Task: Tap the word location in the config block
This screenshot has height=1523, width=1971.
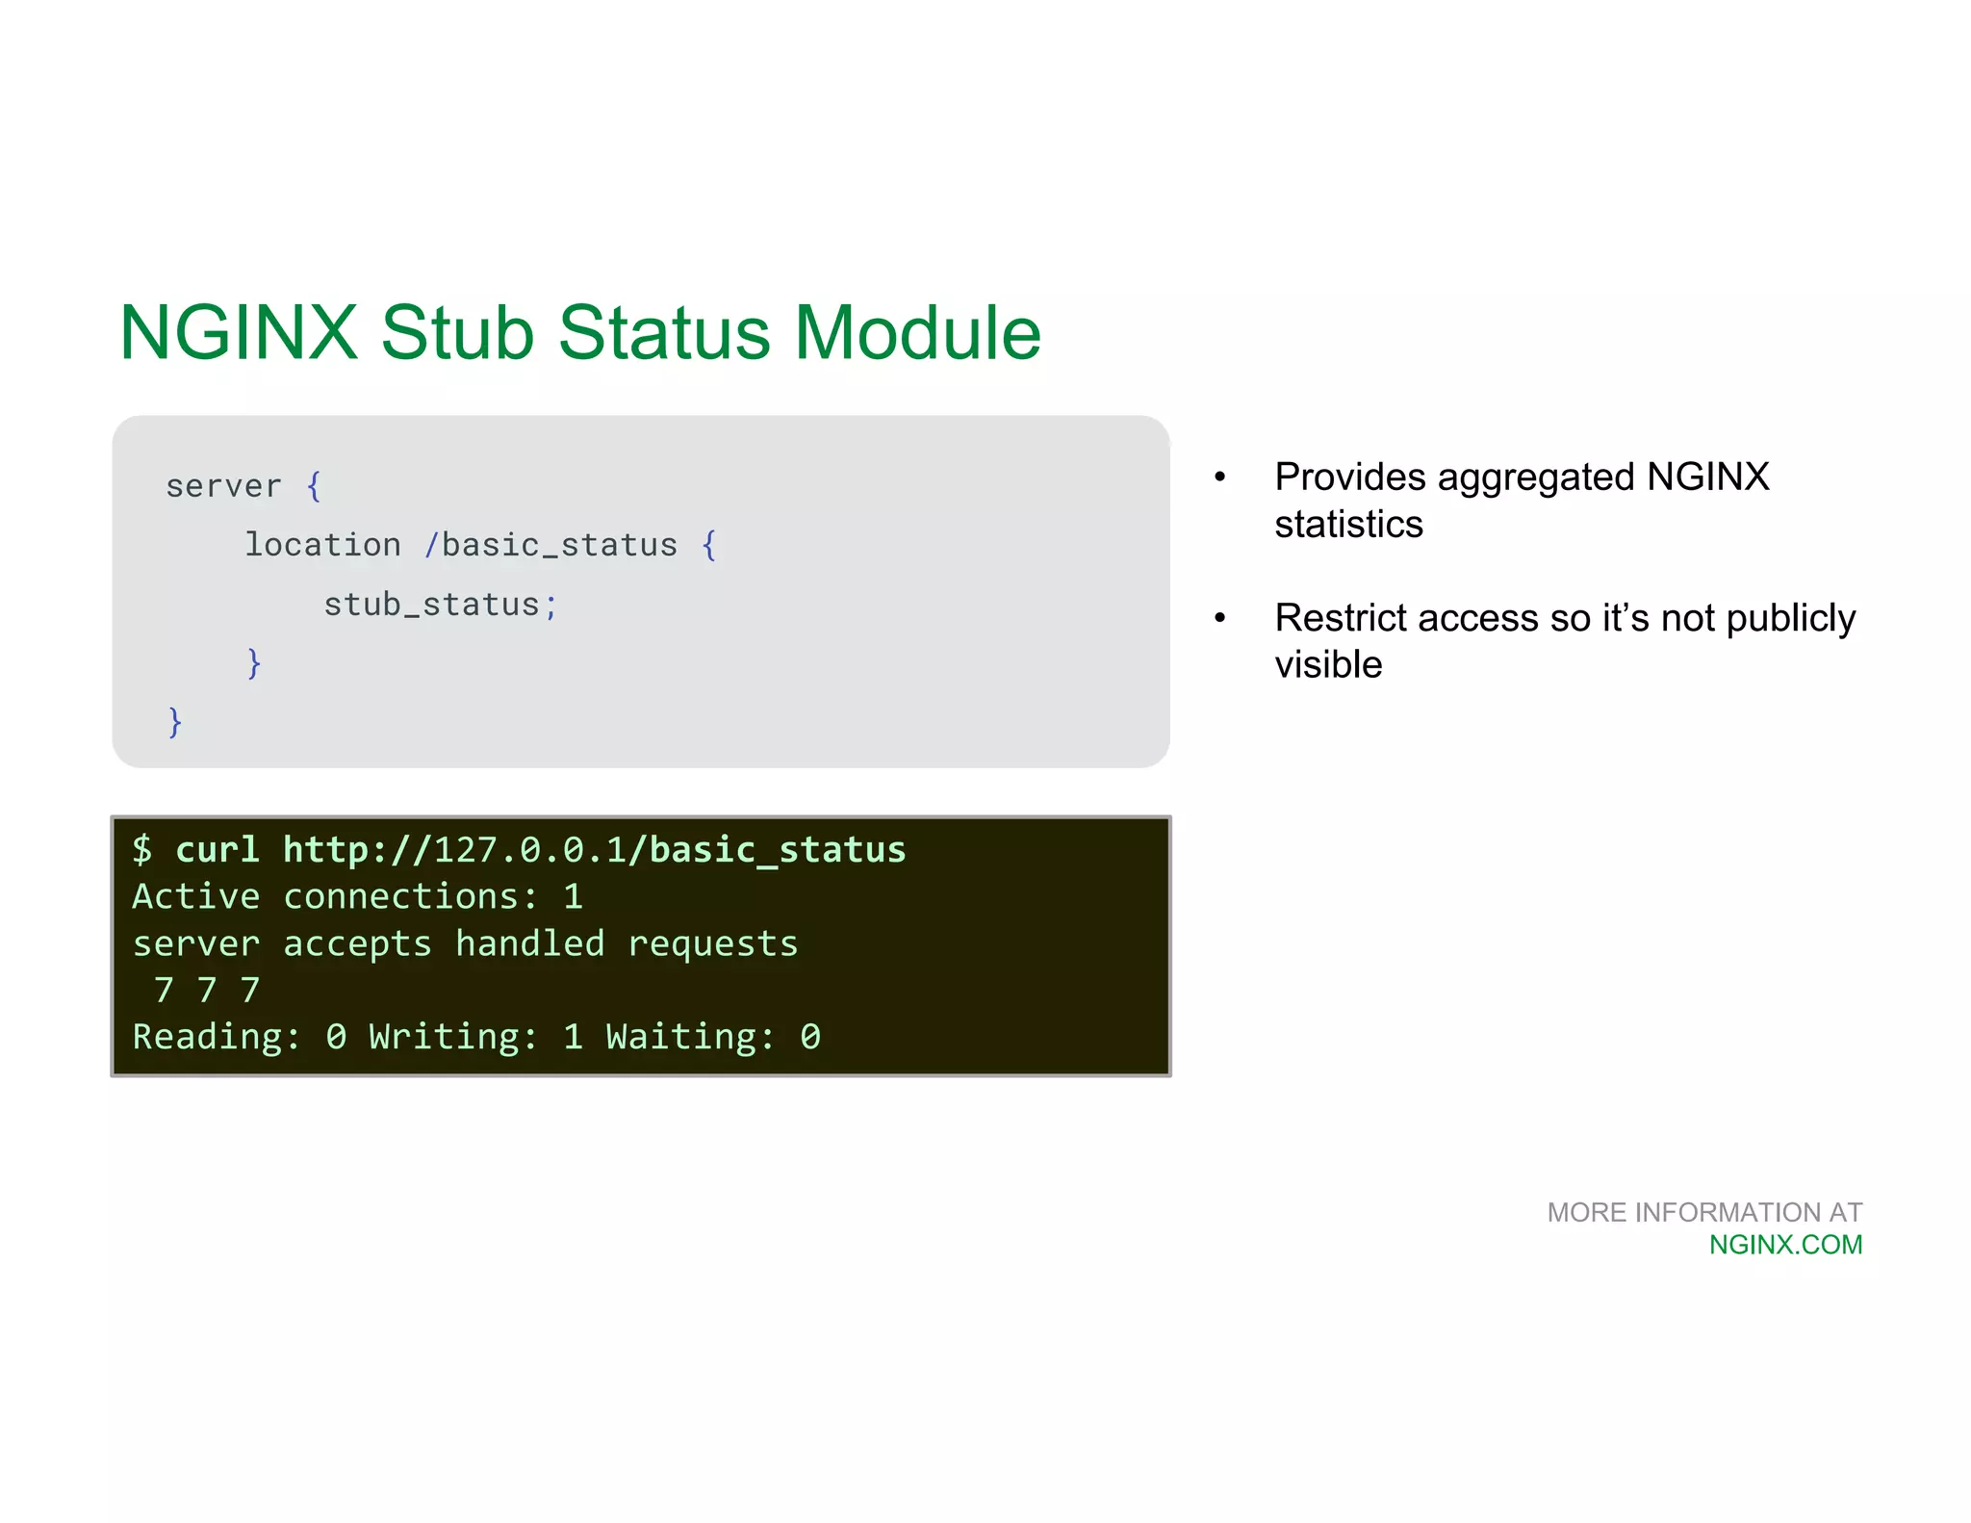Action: pyautogui.click(x=322, y=545)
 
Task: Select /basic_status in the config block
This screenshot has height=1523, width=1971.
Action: pyautogui.click(x=551, y=546)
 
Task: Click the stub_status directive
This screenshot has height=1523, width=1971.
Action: pyautogui.click(x=432, y=605)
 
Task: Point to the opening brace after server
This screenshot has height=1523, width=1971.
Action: pyautogui.click(x=314, y=486)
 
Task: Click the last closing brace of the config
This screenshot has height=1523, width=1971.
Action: pyautogui.click(x=175, y=722)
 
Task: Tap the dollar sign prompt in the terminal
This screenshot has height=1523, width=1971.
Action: pyautogui.click(x=142, y=850)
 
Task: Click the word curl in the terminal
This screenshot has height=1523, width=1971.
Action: pyautogui.click(x=218, y=850)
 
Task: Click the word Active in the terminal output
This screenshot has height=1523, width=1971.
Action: pyautogui.click(x=196, y=897)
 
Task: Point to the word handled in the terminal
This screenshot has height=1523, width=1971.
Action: pyautogui.click(x=530, y=944)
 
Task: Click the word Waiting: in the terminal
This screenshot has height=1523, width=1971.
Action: pyautogui.click(x=690, y=1037)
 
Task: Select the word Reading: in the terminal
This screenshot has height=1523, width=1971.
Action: pyautogui.click(x=217, y=1037)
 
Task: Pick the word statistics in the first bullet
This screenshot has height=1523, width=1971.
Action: pyautogui.click(x=1348, y=525)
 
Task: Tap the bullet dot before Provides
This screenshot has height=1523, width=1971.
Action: pyautogui.click(x=1220, y=478)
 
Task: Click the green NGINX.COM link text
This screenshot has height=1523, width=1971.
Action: pyautogui.click(x=1785, y=1245)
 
